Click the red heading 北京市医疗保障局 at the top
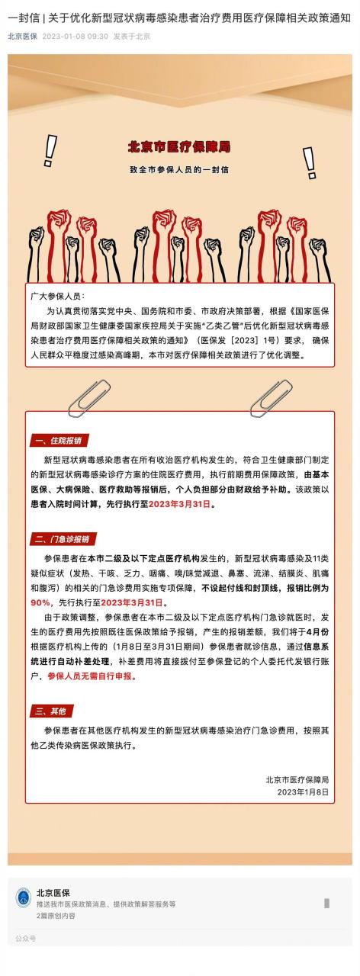coord(179,146)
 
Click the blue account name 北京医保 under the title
coord(22,36)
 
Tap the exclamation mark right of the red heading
coord(310,161)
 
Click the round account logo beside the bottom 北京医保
coord(24,897)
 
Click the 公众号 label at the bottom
coord(25,939)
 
